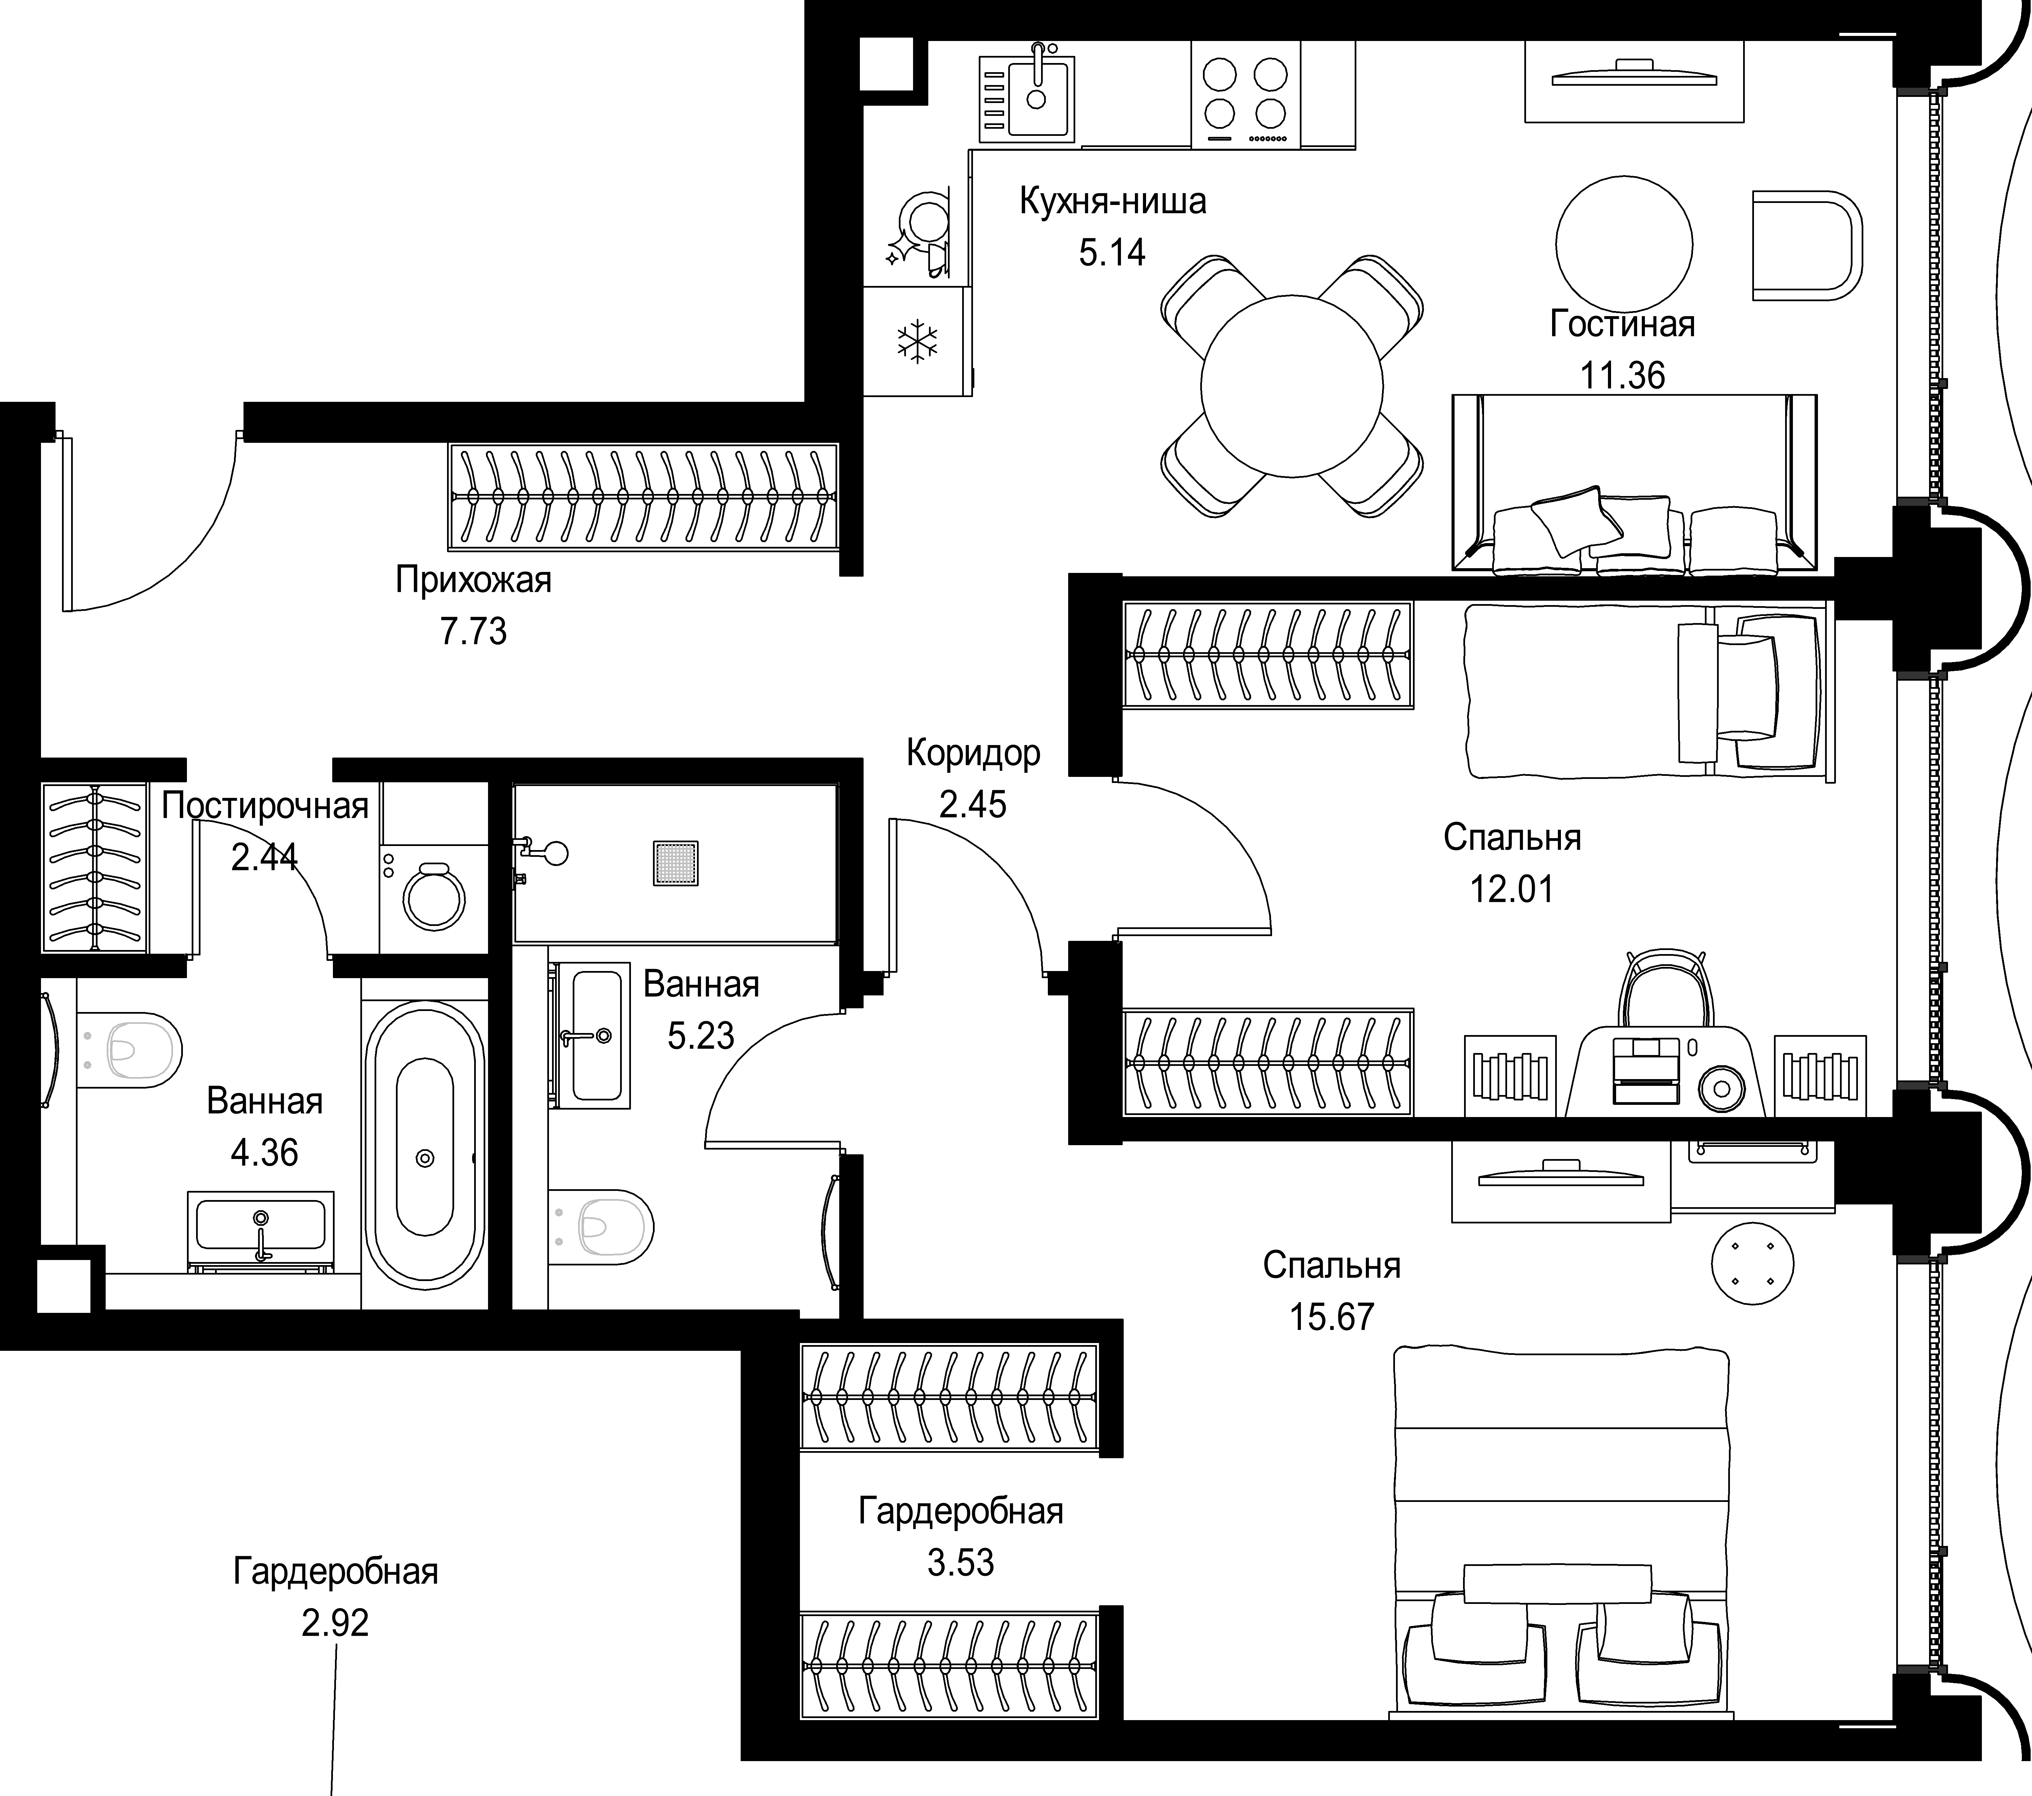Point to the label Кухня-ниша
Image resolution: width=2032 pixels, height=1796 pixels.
coord(1113,202)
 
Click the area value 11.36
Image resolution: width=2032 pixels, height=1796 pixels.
coord(1623,376)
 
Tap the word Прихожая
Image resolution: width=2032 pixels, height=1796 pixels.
coord(473,580)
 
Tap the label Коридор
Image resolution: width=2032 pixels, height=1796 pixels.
coord(973,754)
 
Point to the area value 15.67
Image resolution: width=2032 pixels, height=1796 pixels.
coord(1331,1317)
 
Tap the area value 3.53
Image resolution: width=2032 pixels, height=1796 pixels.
coord(960,1562)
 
